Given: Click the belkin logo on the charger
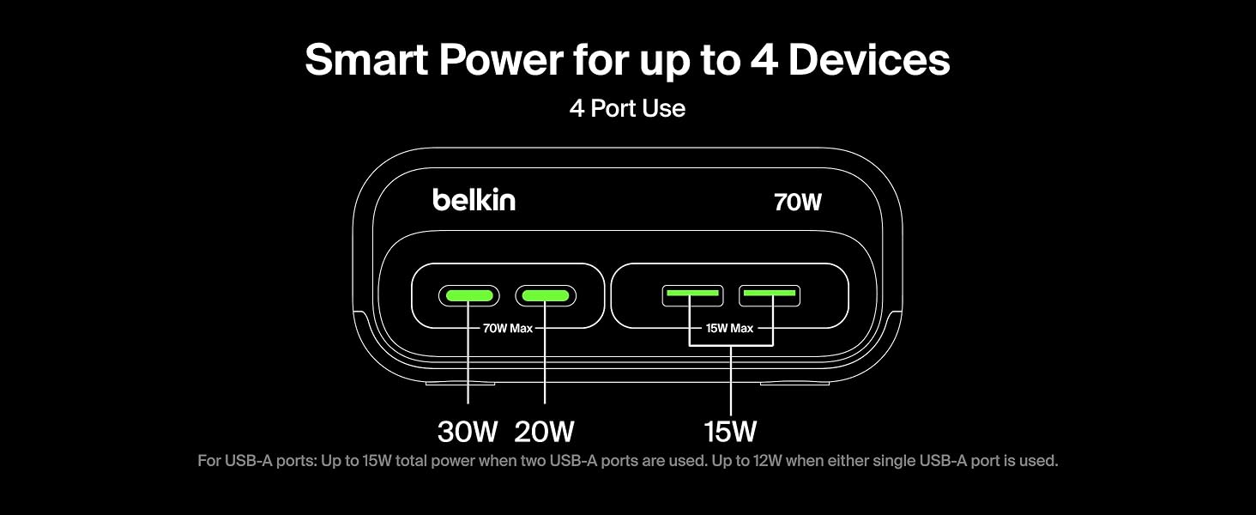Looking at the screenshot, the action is (x=474, y=200).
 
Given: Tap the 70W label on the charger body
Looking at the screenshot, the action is (x=797, y=203).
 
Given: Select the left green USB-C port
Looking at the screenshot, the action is (x=468, y=295).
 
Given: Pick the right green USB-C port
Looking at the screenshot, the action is (x=546, y=295).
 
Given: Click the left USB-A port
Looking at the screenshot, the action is (x=692, y=295).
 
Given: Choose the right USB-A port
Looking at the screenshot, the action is (x=770, y=295).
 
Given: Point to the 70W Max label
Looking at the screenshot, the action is (x=507, y=328).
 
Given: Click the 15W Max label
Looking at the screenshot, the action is (x=729, y=328).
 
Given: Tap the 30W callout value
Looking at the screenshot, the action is (x=468, y=432).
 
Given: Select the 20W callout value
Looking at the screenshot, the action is (x=544, y=432).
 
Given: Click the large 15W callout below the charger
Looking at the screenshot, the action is (x=730, y=432).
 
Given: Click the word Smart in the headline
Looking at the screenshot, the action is (x=366, y=59).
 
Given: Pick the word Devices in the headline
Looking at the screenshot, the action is (x=869, y=59).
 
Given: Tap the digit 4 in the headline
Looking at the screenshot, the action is (x=764, y=59).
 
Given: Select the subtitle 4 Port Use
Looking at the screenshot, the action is (x=627, y=108).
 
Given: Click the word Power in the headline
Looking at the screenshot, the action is (x=501, y=59).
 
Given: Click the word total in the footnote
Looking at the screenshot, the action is (x=411, y=461).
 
